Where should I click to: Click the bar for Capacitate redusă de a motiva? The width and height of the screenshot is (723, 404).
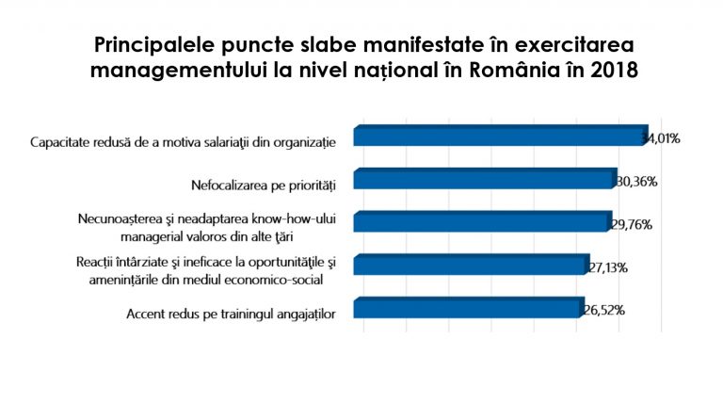[x=499, y=137]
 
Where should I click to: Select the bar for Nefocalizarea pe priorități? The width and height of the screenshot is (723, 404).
[x=484, y=179]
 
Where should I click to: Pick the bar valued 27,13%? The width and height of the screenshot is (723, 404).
[x=470, y=266]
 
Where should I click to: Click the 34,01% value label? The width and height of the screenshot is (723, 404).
[x=661, y=138]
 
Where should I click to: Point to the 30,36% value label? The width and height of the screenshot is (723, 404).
[x=636, y=181]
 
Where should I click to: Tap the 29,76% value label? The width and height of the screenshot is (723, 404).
[x=632, y=225]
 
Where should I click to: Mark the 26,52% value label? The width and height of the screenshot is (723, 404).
[x=603, y=310]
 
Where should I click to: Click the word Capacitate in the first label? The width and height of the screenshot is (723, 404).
[x=62, y=142]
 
